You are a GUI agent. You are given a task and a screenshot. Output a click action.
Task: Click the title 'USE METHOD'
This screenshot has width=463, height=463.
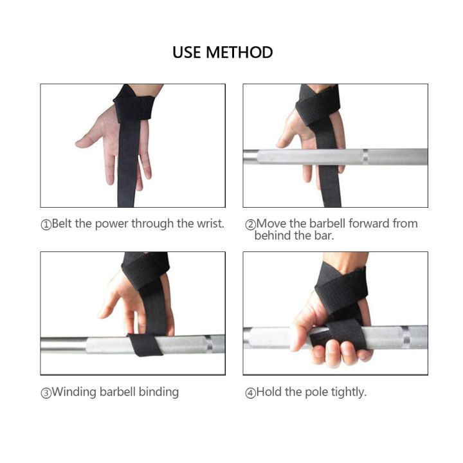point(222,52)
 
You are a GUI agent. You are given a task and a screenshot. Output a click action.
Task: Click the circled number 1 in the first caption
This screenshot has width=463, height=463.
point(46,225)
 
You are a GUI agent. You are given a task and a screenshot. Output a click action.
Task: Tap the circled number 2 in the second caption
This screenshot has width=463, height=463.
point(250,225)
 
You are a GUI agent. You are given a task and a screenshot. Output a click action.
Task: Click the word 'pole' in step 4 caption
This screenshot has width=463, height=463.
point(305,392)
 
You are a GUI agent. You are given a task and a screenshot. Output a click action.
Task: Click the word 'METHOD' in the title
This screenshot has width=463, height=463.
point(239,52)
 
